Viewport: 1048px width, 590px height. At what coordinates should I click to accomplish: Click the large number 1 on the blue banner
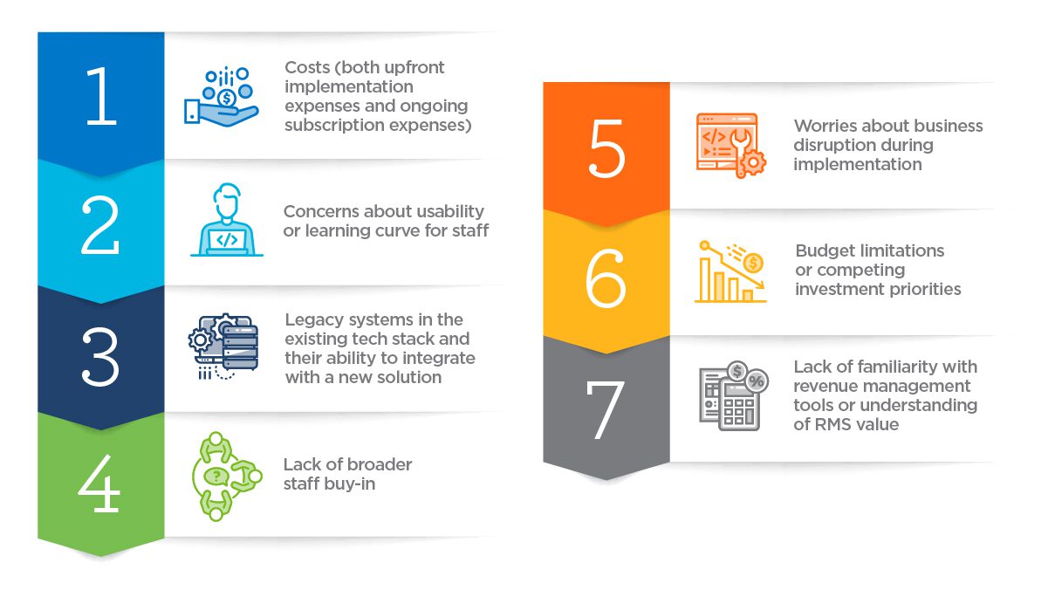101,97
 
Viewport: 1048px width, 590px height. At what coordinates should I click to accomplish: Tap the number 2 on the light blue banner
101,224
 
